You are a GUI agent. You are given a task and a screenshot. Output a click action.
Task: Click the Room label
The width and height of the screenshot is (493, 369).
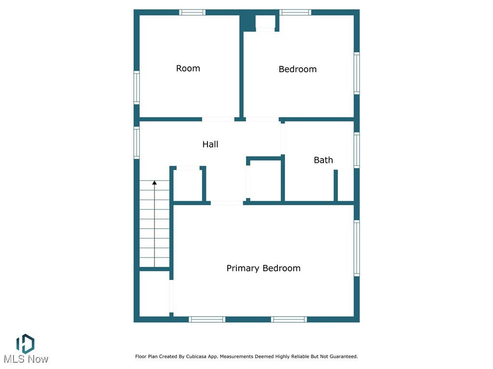188,68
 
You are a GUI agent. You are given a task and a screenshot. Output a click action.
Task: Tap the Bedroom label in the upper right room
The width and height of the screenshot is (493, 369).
298,69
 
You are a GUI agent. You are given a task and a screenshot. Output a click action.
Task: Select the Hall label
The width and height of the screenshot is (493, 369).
210,144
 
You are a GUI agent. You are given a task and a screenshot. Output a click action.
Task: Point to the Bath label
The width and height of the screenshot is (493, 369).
323,160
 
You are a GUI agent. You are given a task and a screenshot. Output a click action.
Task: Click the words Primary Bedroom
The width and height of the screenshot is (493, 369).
263,268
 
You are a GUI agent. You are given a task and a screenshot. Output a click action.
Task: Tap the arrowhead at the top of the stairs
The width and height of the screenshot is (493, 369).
155,183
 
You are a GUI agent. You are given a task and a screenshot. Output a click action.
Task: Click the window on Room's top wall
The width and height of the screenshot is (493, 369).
193,12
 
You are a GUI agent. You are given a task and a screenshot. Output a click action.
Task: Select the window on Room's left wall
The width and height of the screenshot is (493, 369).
137,87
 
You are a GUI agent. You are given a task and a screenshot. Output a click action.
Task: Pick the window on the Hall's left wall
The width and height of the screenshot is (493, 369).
137,142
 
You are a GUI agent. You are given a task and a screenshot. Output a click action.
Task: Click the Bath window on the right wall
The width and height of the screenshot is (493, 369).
357,150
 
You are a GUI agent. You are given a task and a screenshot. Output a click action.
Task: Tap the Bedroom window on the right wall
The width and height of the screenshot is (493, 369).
357,73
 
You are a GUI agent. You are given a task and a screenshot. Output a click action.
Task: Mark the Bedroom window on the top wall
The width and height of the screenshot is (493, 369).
296,12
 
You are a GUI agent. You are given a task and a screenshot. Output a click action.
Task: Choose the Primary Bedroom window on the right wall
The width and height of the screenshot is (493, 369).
357,248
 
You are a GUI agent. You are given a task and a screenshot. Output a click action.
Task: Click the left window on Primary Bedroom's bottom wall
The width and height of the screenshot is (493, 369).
207,319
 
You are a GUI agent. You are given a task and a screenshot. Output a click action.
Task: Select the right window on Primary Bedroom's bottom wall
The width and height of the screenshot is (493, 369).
289,319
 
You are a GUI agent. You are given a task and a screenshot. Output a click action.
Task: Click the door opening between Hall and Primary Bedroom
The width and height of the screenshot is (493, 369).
227,203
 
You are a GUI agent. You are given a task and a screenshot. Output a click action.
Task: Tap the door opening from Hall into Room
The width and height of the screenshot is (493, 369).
218,119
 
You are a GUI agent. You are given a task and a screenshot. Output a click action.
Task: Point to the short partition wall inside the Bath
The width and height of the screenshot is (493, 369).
336,185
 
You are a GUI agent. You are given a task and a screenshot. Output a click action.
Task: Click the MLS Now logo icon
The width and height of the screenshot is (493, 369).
25,343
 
